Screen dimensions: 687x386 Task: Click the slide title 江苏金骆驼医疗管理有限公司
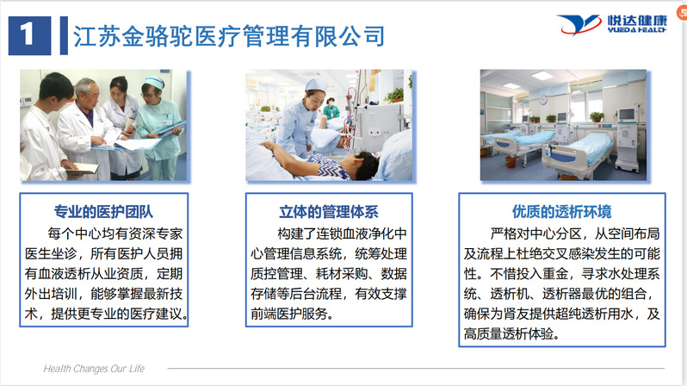pyautogui.click(x=229, y=35)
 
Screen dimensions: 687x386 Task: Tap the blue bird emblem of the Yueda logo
pyautogui.click(x=579, y=25)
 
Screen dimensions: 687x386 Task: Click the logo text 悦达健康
pyautogui.click(x=637, y=20)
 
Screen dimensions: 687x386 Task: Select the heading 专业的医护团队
pyautogui.click(x=103, y=211)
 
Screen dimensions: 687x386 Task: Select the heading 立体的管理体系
pyautogui.click(x=329, y=211)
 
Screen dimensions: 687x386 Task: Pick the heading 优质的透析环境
pyautogui.click(x=561, y=211)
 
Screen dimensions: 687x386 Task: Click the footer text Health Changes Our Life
pyautogui.click(x=94, y=369)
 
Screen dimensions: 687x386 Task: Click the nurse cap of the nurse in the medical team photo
pyautogui.click(x=154, y=82)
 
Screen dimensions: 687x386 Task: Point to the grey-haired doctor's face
pyautogui.click(x=85, y=93)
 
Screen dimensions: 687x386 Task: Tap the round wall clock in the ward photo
pyautogui.click(x=543, y=100)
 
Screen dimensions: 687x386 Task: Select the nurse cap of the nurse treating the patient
pyautogui.click(x=315, y=84)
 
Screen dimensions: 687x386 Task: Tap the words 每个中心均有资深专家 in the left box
pyautogui.click(x=115, y=233)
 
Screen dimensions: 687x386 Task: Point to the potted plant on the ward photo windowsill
pyautogui.click(x=596, y=116)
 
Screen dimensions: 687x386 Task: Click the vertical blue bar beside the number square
pyautogui.click(x=64, y=35)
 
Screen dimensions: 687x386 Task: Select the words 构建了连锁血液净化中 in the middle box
pyautogui.click(x=342, y=233)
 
